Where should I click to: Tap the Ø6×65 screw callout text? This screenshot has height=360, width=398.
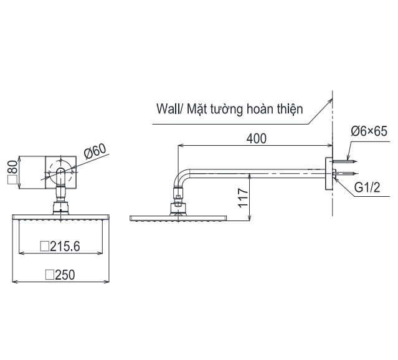click(369, 131)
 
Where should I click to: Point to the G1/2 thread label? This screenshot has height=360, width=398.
click(367, 187)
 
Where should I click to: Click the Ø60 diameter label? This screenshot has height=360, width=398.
click(95, 152)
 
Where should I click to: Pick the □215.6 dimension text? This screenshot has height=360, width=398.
click(60, 246)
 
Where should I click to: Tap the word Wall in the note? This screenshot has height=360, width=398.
click(168, 110)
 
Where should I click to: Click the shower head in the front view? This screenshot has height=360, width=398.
click(60, 217)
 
